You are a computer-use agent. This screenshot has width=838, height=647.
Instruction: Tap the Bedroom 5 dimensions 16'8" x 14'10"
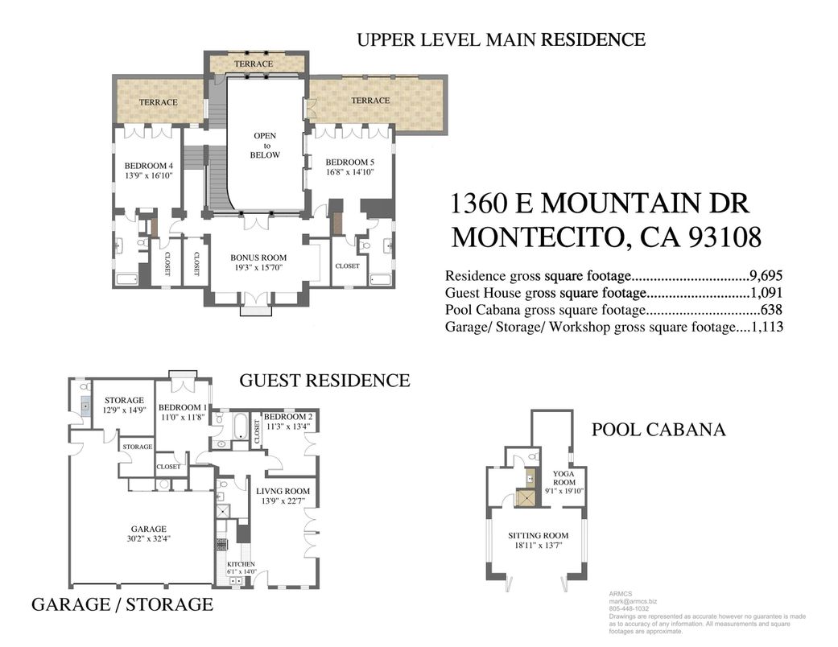349,173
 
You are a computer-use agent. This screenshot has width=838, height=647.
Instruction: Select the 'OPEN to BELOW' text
265,145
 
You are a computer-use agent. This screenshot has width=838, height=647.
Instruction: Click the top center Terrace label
254,64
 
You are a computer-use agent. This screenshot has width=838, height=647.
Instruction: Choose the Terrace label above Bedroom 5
370,101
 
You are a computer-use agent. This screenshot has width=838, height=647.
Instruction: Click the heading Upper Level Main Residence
501,39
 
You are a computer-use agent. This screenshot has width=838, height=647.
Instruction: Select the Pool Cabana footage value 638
771,309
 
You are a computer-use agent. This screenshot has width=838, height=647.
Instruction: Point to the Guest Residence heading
324,380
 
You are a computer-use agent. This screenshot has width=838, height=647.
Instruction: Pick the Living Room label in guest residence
283,490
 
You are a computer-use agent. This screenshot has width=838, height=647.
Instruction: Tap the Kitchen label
240,563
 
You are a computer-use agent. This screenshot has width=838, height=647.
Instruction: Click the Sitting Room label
538,535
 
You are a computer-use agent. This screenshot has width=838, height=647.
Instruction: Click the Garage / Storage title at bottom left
122,604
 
